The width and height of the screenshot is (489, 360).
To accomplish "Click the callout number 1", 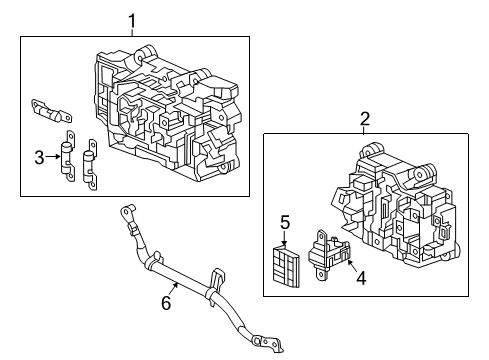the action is click(132, 21).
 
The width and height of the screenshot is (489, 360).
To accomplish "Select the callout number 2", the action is click(365, 118).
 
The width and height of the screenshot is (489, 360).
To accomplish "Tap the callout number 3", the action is click(39, 157).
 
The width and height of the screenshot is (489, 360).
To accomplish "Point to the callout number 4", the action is click(361, 278).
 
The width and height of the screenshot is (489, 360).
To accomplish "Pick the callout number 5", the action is click(285, 223).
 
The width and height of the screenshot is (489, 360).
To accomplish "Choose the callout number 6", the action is click(166, 303).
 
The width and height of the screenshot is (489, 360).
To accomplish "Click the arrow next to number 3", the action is click(53, 156).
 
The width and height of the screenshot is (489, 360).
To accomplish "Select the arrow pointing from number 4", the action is click(352, 265).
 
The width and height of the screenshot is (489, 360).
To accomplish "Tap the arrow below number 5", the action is click(284, 239).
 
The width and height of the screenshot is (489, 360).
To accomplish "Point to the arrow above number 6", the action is click(173, 289).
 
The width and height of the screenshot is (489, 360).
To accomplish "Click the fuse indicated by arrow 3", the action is click(68, 156).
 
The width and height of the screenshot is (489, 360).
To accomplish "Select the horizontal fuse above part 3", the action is click(51, 111).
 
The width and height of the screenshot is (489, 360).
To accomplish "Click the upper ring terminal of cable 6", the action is click(126, 212).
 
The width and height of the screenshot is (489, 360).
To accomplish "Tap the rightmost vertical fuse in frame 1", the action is click(90, 165).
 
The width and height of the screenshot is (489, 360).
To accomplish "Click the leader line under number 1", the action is click(132, 33).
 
